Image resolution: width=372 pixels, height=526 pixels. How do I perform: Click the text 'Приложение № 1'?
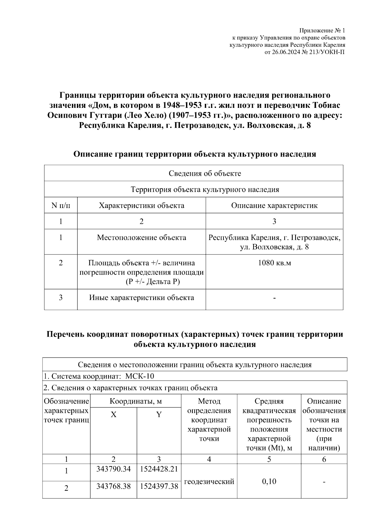pos(322,31)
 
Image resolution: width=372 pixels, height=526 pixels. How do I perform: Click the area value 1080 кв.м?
pos(274,263)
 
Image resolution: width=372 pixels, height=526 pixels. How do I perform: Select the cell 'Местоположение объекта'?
pos(141,238)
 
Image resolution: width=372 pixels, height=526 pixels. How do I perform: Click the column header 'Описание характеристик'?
pos(274,206)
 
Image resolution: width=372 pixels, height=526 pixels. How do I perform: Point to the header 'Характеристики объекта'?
pos(141,206)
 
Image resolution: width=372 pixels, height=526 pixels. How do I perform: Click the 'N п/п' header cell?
pos(60,206)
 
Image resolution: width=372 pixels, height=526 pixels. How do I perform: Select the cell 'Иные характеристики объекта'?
pos(141,298)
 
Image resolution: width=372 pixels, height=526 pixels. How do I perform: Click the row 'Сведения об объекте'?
pos(205,173)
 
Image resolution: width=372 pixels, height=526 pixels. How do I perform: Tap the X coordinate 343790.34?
pos(113,469)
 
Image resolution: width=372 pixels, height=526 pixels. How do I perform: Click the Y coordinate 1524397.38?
pos(159,486)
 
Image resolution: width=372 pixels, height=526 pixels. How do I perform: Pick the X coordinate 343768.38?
pos(113,486)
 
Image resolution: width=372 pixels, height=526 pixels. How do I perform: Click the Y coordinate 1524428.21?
pos(159,469)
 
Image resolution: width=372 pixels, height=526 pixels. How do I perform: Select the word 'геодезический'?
pos(209,482)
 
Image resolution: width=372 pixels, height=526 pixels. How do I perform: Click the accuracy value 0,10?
pos(269,482)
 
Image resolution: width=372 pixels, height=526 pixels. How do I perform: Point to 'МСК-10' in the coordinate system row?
pos(139,376)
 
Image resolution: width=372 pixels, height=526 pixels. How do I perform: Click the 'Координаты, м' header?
pos(135,401)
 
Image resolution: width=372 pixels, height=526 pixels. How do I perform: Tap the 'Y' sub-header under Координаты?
pos(159,415)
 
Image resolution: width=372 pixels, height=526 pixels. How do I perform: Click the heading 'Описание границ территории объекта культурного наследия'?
pos(195,154)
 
